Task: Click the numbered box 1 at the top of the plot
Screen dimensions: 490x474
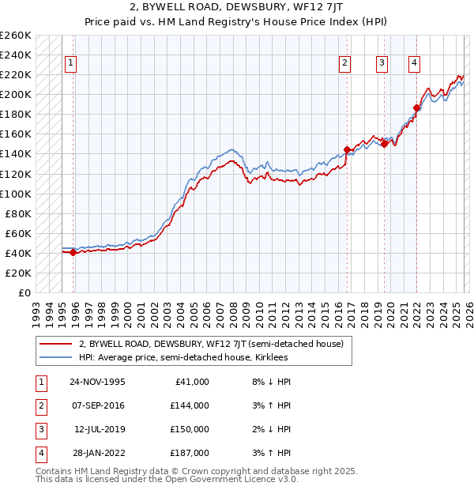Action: [x=71, y=64]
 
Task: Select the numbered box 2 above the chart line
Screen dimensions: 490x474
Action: [x=345, y=64]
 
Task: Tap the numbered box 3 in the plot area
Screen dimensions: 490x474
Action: [x=382, y=64]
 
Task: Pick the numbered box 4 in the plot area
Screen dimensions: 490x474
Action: [x=415, y=64]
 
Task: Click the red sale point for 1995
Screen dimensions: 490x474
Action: [x=73, y=252]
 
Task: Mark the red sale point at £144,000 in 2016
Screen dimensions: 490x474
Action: [x=347, y=149]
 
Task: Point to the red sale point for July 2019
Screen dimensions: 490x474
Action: [x=384, y=144]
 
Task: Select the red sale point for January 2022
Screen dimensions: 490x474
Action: [x=416, y=107]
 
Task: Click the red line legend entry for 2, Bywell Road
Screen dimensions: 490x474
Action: [x=210, y=345]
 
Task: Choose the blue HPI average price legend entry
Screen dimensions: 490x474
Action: [x=182, y=358]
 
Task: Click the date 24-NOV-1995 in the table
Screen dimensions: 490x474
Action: [x=97, y=382]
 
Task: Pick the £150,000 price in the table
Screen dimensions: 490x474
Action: [x=190, y=429]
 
